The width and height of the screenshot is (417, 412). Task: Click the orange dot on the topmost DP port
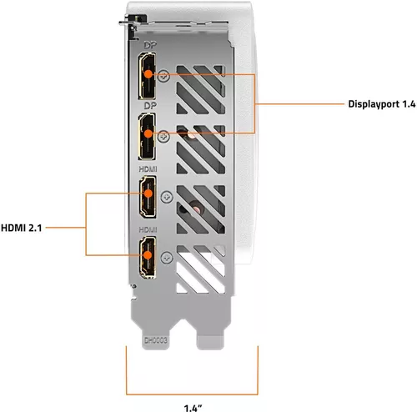click(147, 73)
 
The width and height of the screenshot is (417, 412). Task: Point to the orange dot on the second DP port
click(147, 133)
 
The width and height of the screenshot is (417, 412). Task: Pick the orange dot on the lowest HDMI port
click(147, 255)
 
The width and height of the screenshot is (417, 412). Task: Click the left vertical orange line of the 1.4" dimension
click(127, 371)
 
